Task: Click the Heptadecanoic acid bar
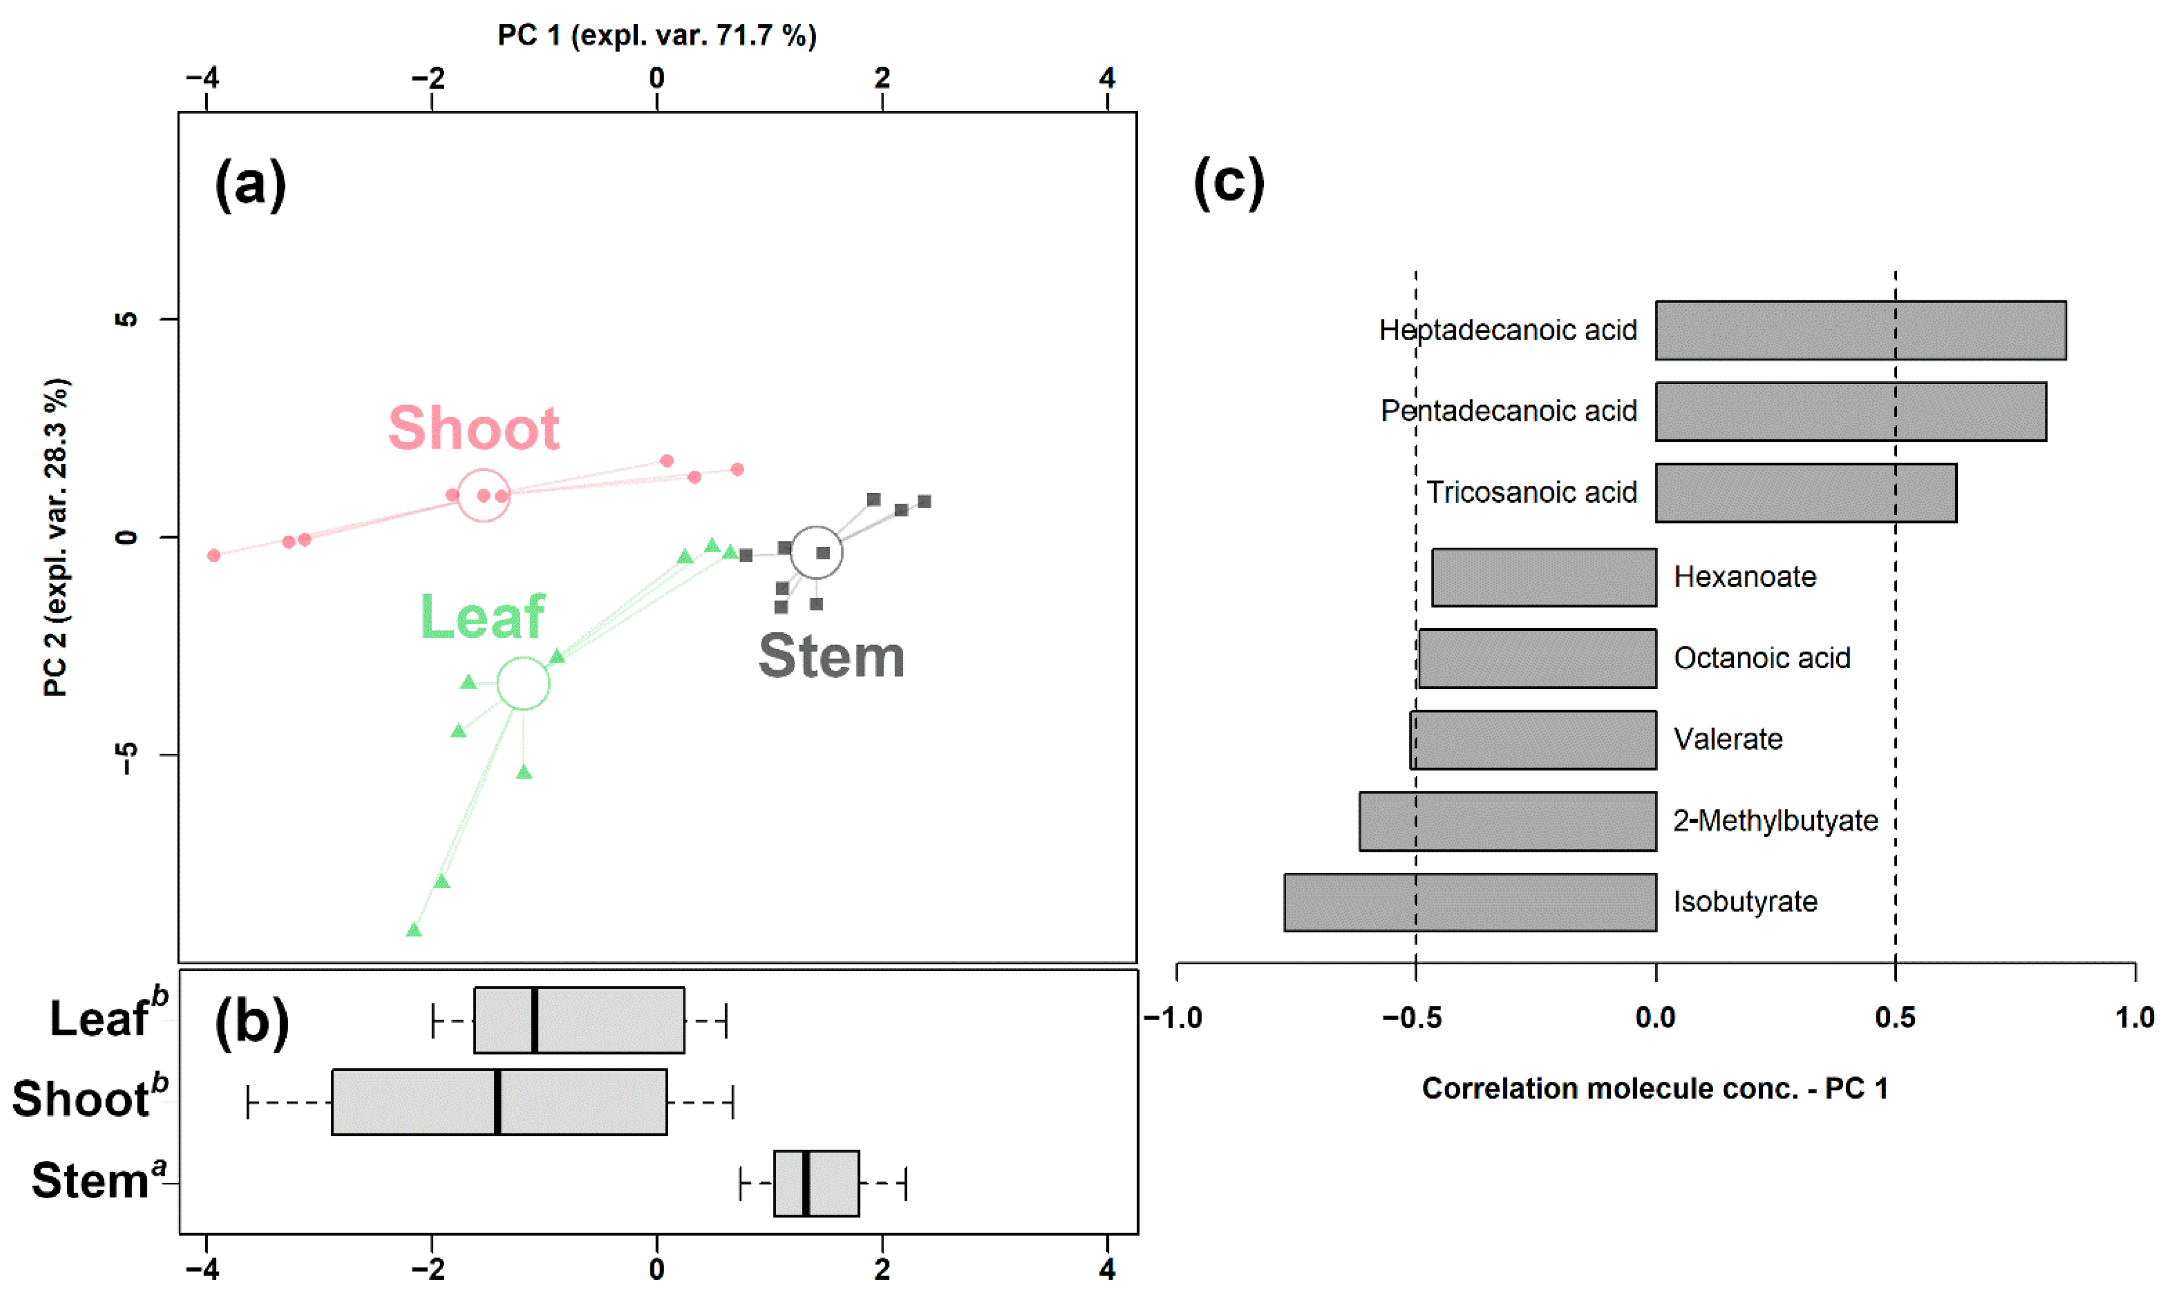pyautogui.click(x=1860, y=331)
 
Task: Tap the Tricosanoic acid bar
pyautogui.click(x=1805, y=493)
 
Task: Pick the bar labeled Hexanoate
pyautogui.click(x=1543, y=578)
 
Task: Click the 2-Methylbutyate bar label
pyautogui.click(x=1774, y=821)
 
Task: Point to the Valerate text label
pyautogui.click(x=1727, y=739)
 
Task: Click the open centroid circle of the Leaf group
pyautogui.click(x=524, y=684)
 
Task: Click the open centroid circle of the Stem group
pyautogui.click(x=817, y=552)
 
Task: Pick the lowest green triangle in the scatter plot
pyautogui.click(x=414, y=930)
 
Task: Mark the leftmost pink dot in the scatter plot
pyautogui.click(x=214, y=555)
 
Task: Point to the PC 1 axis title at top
pyautogui.click(x=657, y=35)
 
